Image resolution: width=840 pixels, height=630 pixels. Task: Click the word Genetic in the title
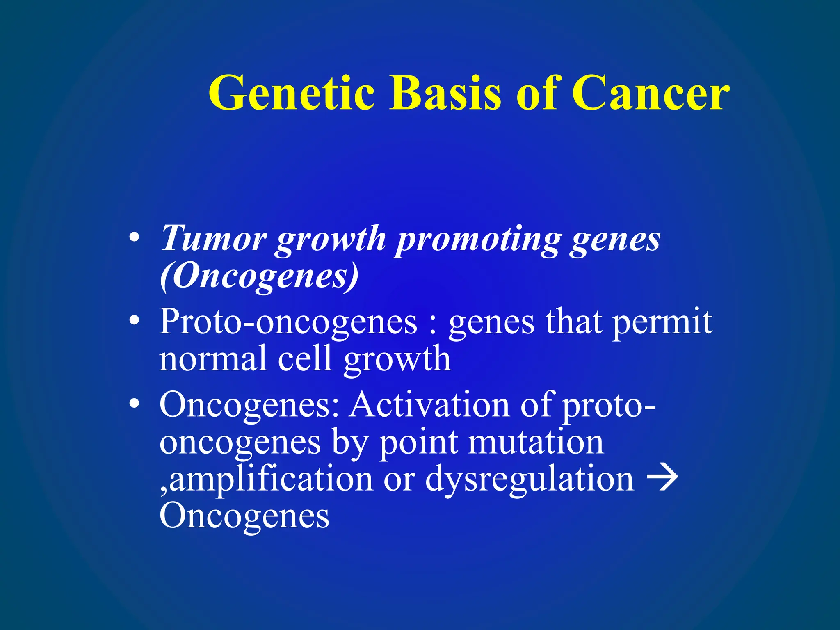pos(292,94)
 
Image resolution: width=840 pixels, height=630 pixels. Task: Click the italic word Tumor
pos(213,238)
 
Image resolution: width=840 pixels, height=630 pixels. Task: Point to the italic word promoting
pos(478,240)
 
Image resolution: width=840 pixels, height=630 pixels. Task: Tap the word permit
pos(662,323)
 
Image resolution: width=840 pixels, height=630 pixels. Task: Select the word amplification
pos(271,479)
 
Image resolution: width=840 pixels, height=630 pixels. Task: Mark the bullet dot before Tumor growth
pos(134,238)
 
